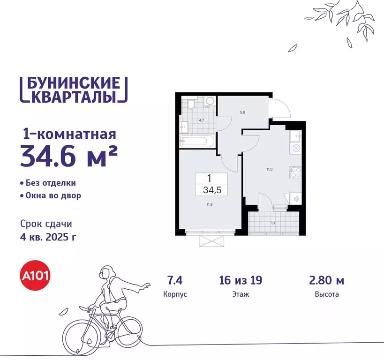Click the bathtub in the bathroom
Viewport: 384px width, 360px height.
pyautogui.click(x=197, y=141)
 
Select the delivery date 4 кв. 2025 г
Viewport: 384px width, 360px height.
pyautogui.click(x=49, y=237)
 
